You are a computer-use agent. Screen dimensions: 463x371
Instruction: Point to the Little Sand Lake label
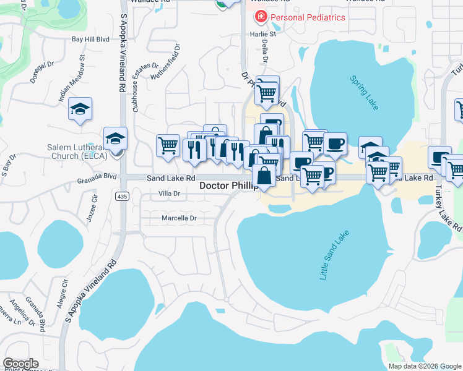click(x=334, y=255)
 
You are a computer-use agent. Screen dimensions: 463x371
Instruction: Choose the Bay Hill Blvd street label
click(x=95, y=39)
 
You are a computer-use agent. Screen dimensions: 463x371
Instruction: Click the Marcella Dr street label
click(x=178, y=218)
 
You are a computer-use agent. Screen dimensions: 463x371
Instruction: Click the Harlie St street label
click(x=263, y=34)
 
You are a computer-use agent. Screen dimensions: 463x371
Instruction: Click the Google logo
click(x=20, y=363)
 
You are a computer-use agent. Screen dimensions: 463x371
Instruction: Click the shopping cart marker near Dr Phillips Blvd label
click(x=267, y=93)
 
